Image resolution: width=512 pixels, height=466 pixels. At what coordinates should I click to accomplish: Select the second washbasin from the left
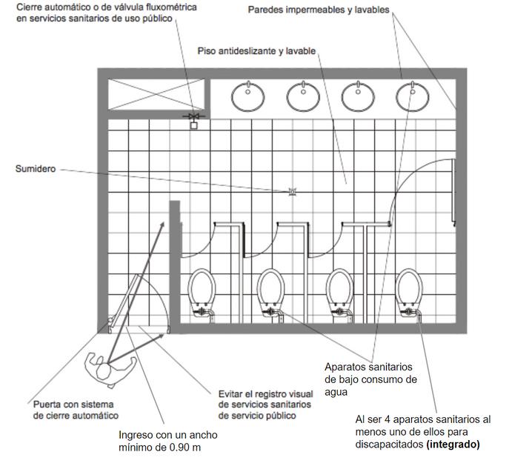302,95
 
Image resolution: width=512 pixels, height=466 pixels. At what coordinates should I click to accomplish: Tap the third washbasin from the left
357,95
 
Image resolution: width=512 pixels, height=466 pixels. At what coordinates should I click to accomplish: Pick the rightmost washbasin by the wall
409,95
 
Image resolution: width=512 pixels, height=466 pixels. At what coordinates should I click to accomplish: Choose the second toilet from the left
271,291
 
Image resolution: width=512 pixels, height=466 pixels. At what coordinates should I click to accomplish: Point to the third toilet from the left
340,291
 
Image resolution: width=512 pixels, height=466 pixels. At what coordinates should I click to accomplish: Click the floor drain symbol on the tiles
292,193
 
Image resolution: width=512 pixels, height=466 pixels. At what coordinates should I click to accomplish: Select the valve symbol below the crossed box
194,119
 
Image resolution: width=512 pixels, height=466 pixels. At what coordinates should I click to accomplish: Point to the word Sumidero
36,169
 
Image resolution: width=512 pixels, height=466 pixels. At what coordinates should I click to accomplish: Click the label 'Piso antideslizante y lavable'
257,50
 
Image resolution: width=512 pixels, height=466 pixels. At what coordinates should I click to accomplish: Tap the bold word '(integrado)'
454,445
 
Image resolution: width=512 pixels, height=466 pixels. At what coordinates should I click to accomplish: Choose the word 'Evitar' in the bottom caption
233,393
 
